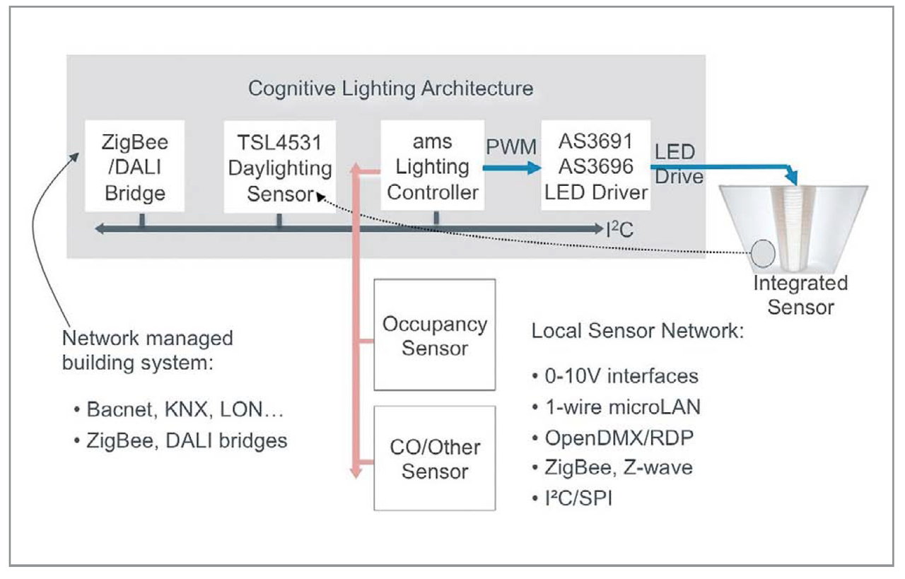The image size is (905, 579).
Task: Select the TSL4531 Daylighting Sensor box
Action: tap(280, 168)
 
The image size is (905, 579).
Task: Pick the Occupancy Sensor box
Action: tap(434, 335)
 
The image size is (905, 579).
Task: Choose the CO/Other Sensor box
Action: tap(434, 458)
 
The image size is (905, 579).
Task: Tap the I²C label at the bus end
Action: tap(620, 228)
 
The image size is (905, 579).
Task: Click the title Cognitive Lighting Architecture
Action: tap(390, 88)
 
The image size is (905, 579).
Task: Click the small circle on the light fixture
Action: tap(763, 254)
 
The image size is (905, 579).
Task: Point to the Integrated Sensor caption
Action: tap(800, 296)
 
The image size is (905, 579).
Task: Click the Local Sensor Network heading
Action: tap(637, 331)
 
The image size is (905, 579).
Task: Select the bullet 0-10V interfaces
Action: tap(614, 375)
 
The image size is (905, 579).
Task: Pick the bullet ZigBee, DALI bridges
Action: tap(180, 441)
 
